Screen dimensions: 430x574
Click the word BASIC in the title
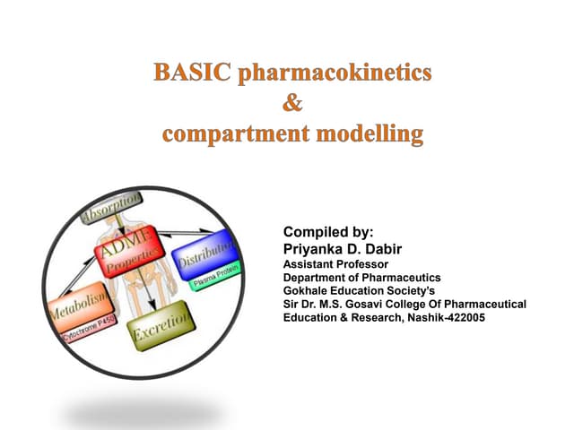click(191, 73)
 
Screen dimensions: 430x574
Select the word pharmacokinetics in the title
click(335, 73)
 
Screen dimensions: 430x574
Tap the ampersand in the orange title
click(291, 104)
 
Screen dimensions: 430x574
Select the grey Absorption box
click(111, 207)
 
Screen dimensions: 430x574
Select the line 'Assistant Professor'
click(336, 264)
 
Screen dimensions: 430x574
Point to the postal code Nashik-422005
click(444, 317)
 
